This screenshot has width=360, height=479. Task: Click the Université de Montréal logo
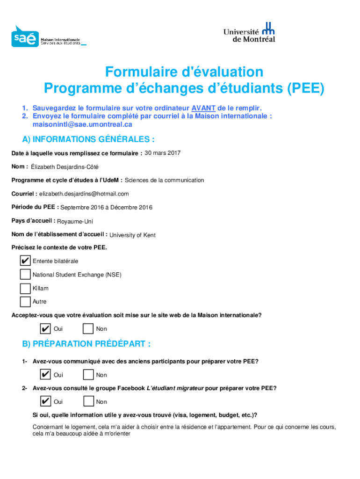(x=249, y=32)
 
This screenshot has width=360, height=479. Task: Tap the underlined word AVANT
(x=203, y=107)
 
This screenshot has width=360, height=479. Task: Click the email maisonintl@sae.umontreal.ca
(x=82, y=124)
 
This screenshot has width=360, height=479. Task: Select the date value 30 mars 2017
(x=163, y=153)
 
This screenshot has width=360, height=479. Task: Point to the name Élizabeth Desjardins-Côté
(x=65, y=167)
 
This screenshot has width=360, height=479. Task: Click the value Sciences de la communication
(x=164, y=180)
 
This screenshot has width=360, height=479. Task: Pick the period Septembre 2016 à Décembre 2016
(x=106, y=207)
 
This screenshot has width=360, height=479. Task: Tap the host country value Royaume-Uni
(x=75, y=221)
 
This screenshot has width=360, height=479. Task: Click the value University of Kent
(x=132, y=235)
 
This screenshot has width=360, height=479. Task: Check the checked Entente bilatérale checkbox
(x=25, y=261)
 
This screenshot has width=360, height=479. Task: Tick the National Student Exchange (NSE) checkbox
(x=25, y=275)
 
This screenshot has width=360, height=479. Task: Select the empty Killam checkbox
(x=25, y=288)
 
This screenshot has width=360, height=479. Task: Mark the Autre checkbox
(x=25, y=302)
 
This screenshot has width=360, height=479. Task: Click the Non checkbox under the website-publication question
(x=88, y=329)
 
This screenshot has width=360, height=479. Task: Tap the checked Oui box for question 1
(x=46, y=375)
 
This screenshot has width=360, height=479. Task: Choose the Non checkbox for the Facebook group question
(x=88, y=401)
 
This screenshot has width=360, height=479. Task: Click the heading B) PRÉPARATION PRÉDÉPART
(x=86, y=344)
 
